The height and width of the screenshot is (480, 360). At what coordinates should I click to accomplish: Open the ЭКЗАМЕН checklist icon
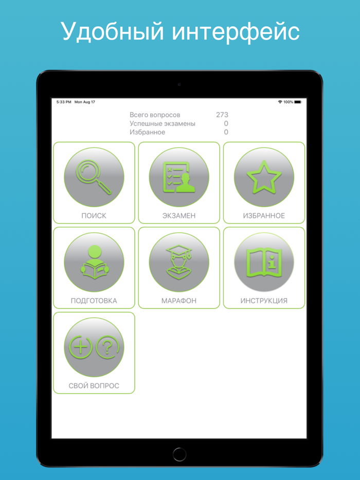179,177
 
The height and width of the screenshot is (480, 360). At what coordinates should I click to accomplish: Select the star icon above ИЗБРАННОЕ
264,177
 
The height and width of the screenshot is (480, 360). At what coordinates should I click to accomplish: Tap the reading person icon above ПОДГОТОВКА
94,262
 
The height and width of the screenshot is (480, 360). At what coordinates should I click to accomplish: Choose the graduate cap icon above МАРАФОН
179,262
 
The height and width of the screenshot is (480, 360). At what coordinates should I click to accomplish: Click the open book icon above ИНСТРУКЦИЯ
264,262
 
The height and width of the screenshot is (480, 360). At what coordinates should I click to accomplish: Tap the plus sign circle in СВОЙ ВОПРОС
80,347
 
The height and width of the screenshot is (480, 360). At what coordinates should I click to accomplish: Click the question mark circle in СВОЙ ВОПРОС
107,347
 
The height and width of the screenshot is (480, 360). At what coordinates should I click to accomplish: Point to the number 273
222,115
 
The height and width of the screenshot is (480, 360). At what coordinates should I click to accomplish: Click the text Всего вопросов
155,115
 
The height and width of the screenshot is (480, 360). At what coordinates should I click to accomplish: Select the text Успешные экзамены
163,124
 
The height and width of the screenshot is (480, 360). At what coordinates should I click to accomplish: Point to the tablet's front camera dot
179,84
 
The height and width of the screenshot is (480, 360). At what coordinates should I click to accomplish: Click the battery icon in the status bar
298,102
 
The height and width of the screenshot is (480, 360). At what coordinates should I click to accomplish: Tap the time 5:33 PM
64,102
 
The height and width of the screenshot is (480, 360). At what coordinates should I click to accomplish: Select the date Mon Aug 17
85,102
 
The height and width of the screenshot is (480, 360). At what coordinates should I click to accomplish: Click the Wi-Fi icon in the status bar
280,102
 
